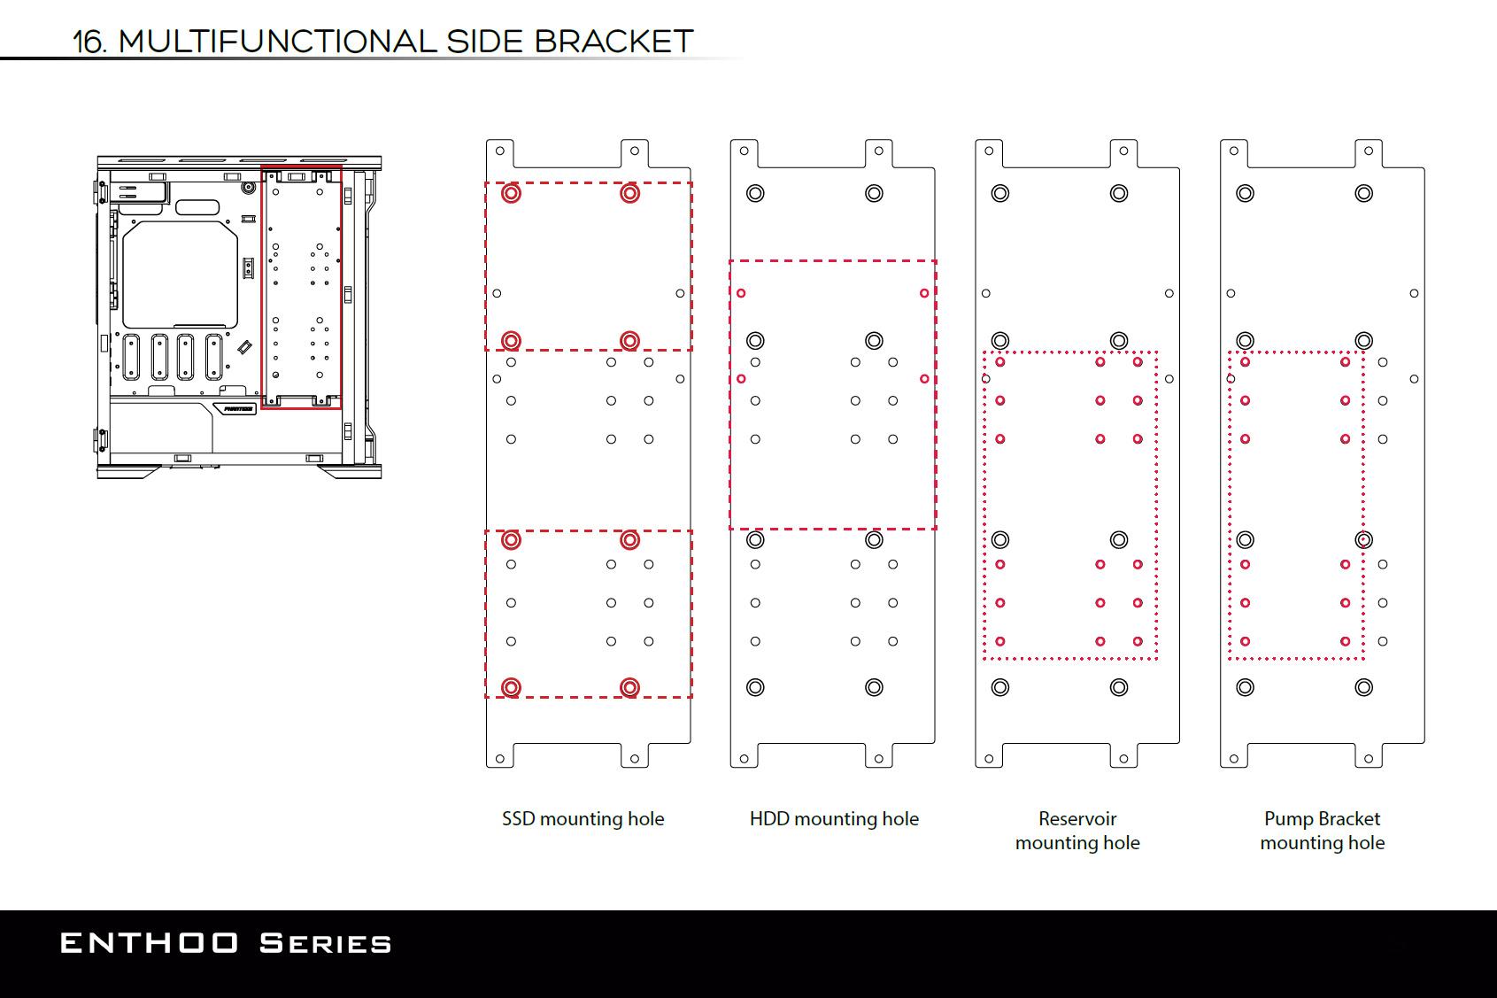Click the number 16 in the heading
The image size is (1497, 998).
point(89,43)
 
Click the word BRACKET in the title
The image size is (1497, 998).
point(613,42)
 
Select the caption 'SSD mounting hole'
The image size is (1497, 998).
point(583,819)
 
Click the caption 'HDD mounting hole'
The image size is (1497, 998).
point(834,819)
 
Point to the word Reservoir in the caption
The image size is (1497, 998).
point(1077,818)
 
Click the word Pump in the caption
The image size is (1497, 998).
point(1283,819)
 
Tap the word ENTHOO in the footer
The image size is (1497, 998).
point(149,943)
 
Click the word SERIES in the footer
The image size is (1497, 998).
point(326,943)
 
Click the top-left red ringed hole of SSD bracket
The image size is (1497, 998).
point(512,193)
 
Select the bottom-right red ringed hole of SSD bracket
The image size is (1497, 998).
point(629,687)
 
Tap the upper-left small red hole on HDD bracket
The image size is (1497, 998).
point(741,293)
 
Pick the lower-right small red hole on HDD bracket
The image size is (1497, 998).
point(924,379)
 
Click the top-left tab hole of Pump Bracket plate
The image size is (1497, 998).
point(1234,151)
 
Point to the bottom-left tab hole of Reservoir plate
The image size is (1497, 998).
point(989,759)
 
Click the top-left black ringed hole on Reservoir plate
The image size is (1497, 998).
point(1000,193)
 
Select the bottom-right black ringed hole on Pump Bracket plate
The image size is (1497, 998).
point(1364,687)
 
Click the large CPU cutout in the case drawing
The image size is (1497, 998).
point(181,275)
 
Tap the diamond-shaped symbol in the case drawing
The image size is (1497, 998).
point(244,347)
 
